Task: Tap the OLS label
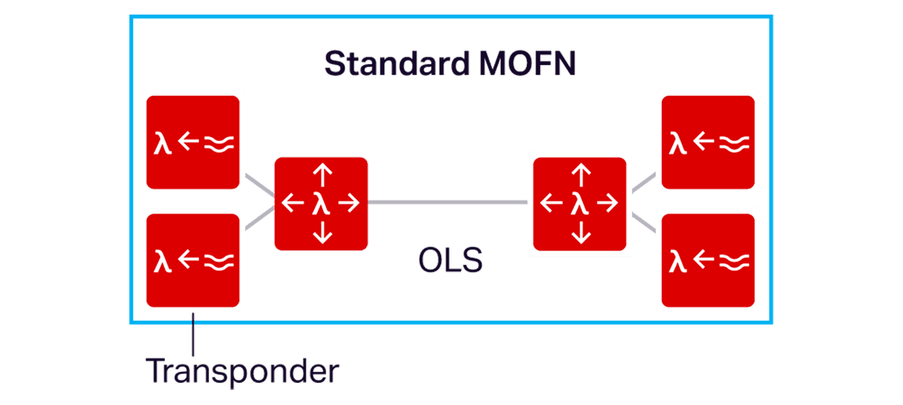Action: point(450,261)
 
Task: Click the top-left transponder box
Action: point(194,142)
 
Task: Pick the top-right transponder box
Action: point(708,142)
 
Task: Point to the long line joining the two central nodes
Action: point(448,203)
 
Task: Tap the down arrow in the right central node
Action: point(581,231)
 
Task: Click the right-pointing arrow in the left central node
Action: point(348,203)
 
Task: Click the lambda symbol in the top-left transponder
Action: point(162,143)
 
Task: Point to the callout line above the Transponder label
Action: point(194,333)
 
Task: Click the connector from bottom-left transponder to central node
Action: point(259,218)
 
